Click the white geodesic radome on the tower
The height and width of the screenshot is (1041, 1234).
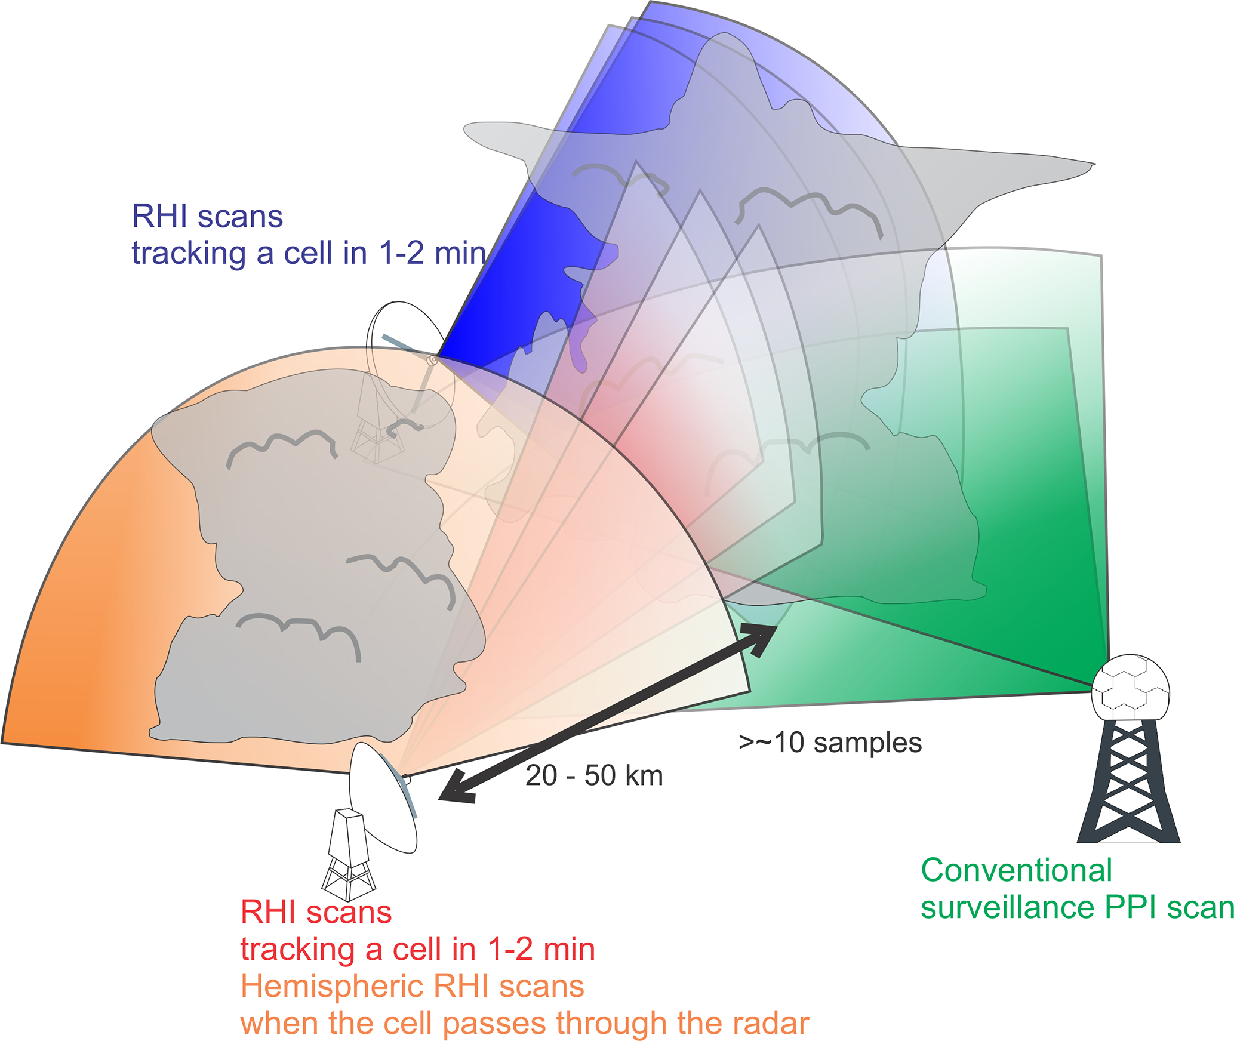1130,688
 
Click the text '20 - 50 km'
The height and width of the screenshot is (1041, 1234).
594,776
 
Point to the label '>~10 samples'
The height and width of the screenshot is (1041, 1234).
830,743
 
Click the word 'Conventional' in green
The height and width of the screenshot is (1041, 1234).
1016,870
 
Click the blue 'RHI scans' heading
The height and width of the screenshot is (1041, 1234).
207,216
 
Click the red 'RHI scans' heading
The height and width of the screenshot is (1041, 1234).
316,912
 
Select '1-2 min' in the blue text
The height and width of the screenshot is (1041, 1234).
432,253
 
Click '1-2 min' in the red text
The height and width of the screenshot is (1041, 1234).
541,949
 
